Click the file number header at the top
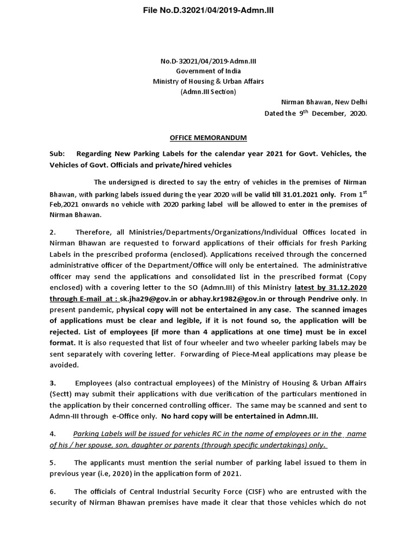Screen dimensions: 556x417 coord(208,10)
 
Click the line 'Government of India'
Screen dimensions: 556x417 coord(208,71)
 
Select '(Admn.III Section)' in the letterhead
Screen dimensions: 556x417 coord(208,92)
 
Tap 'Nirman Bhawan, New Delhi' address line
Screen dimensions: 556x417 coord(324,103)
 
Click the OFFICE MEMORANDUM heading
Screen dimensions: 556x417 coord(208,138)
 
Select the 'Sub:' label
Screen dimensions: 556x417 coord(56,154)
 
